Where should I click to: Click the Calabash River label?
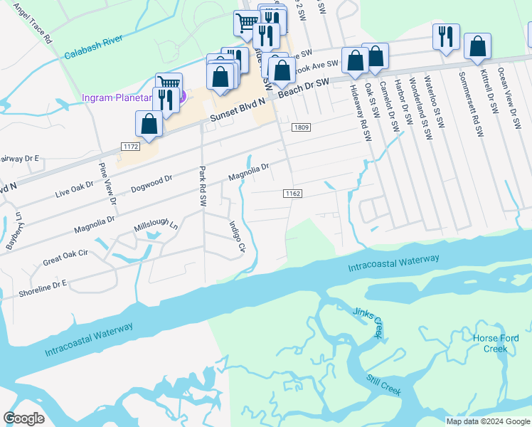pyautogui.click(x=95, y=46)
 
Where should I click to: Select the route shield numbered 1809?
pyautogui.click(x=299, y=127)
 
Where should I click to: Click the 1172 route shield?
pyautogui.click(x=130, y=146)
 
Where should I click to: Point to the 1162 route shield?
pyautogui.click(x=292, y=194)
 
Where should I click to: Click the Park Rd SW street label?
pyautogui.click(x=203, y=186)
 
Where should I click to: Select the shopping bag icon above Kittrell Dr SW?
pyautogui.click(x=477, y=46)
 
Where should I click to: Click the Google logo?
pyautogui.click(x=23, y=418)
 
